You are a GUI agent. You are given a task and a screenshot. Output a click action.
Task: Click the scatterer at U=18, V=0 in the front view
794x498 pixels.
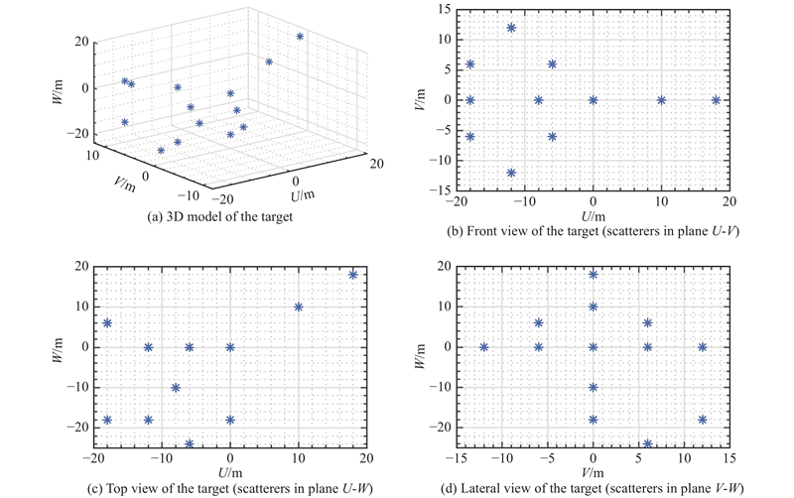[x=716, y=99]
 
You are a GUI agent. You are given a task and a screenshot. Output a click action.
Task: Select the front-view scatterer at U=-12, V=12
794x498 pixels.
[x=511, y=28]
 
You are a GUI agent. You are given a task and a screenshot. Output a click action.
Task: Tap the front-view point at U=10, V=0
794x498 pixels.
[x=661, y=99]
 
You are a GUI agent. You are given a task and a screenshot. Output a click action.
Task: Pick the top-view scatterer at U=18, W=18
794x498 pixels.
[x=352, y=275]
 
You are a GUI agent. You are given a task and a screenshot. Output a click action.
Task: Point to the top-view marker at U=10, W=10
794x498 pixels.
[x=298, y=307]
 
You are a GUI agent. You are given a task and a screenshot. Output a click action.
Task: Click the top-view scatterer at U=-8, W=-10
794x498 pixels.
[x=176, y=388]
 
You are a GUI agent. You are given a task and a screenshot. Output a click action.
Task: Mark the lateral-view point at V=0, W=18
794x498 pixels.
[x=594, y=275]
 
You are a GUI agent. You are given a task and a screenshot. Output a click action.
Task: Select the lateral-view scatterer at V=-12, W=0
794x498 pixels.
[x=484, y=347]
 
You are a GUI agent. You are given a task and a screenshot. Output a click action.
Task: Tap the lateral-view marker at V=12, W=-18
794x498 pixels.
[x=702, y=420]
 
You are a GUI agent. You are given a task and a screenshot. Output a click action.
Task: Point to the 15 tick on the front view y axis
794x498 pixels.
[x=444, y=10]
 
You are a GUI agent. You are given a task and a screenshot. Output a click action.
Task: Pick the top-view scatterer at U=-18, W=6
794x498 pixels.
[x=107, y=323]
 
